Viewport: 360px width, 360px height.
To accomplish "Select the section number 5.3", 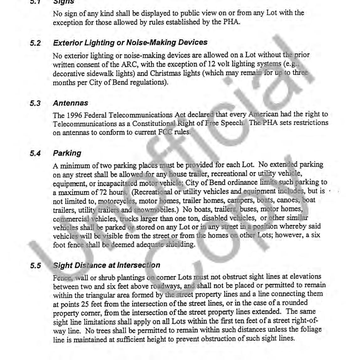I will tap(35, 103).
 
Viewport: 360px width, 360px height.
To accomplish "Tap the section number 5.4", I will tap(35, 154).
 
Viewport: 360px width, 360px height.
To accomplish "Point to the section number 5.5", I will tap(35, 266).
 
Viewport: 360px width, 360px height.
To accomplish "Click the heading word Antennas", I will tap(71, 103).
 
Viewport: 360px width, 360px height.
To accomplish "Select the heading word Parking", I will tap(67, 153).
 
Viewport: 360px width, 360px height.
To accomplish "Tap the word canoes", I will tap(291, 200).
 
